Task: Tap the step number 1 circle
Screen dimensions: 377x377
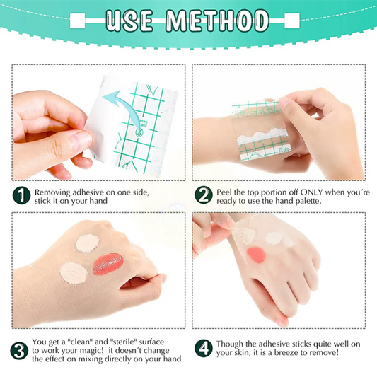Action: [x=21, y=196]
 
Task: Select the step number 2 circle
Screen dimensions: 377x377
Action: [x=204, y=196]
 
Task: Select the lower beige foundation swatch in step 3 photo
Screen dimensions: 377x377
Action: [x=73, y=273]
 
